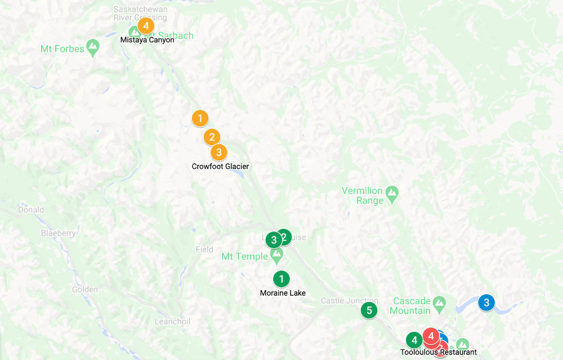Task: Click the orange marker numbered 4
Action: (x=145, y=25)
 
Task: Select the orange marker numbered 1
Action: (x=200, y=118)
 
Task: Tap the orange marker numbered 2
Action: (x=212, y=137)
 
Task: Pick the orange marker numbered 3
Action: (x=218, y=152)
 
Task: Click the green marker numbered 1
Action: (x=281, y=278)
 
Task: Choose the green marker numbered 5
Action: (x=369, y=310)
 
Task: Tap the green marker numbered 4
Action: (x=414, y=340)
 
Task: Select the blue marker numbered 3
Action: (x=486, y=303)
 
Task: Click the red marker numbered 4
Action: (x=431, y=336)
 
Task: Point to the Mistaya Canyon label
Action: (x=148, y=40)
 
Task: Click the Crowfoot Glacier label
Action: (x=220, y=166)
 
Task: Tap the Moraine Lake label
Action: (x=283, y=293)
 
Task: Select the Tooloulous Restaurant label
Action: (x=439, y=353)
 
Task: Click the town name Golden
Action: (x=85, y=290)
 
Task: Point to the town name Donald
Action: (x=31, y=210)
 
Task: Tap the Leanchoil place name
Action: (x=172, y=322)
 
